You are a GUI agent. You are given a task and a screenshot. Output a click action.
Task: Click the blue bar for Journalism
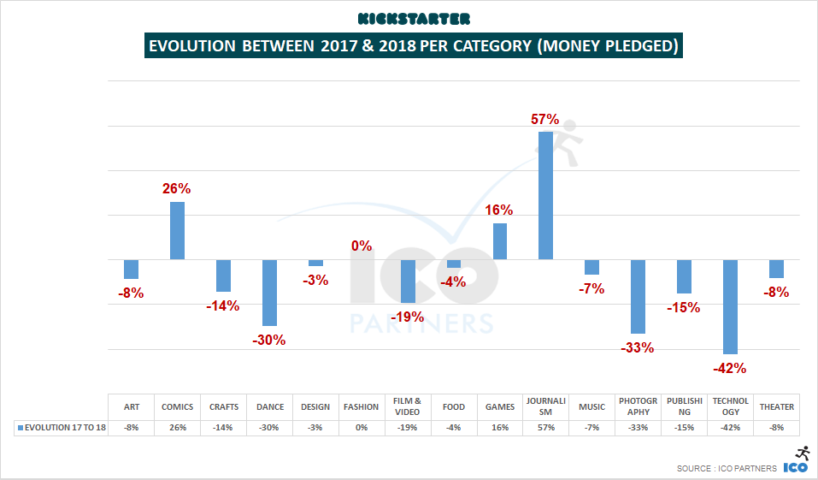[x=545, y=195]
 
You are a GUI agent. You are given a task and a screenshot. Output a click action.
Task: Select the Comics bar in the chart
[x=177, y=230]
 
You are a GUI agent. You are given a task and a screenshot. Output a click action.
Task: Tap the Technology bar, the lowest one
[x=731, y=306]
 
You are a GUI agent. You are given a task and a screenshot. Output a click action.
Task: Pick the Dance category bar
[x=269, y=293]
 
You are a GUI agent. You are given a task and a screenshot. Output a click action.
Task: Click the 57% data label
[x=545, y=120]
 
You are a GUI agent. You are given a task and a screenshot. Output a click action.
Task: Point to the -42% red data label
[x=729, y=369]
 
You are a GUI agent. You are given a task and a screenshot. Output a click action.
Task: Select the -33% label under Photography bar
[x=637, y=347]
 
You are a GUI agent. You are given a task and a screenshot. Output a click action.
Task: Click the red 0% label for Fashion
[x=361, y=246]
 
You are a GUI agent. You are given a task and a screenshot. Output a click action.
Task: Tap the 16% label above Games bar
[x=499, y=210]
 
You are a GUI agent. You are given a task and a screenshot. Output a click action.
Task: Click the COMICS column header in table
[x=178, y=406]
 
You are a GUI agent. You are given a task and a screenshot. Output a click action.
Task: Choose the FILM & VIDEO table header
[x=408, y=406]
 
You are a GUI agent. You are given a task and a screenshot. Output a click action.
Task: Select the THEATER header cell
[x=776, y=406]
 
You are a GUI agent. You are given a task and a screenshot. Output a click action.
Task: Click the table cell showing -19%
[x=408, y=427]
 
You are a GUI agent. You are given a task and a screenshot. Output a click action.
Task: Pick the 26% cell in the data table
[x=178, y=427]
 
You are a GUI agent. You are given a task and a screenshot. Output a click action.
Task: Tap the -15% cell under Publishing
[x=684, y=427]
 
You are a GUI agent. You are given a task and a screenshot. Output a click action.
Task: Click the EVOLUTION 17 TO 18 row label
[x=62, y=427]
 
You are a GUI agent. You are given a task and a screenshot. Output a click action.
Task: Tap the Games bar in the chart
[x=500, y=241]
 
